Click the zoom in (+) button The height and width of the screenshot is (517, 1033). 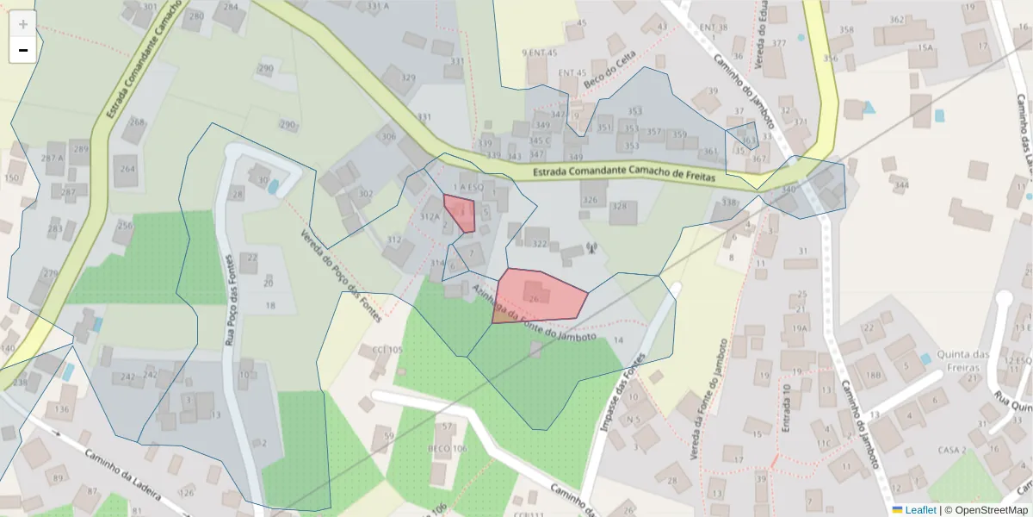[22, 24]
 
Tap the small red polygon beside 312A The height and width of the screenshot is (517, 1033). [461, 213]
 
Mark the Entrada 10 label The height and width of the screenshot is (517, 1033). [786, 408]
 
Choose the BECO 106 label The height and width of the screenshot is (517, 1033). [447, 449]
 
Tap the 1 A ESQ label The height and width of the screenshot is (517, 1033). [467, 187]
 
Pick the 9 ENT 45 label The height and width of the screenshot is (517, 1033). [540, 53]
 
